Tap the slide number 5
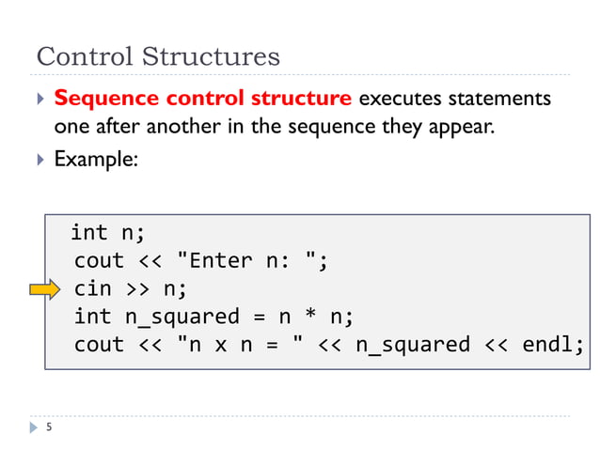48,428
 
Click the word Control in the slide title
83,56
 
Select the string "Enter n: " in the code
246,260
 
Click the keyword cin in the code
92,288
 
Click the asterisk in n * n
308,317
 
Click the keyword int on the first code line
89,232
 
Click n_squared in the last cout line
411,345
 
